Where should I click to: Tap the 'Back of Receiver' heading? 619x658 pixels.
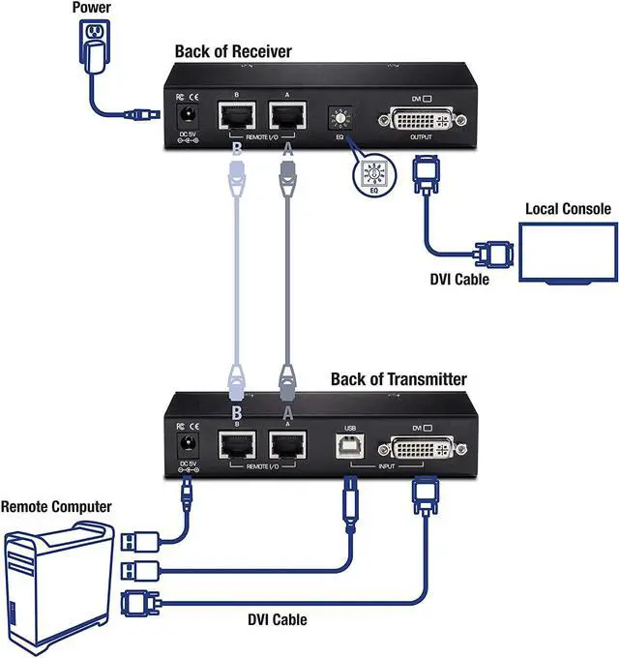coord(232,50)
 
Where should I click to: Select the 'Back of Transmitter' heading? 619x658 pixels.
coord(398,378)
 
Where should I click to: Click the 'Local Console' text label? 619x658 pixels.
coord(568,208)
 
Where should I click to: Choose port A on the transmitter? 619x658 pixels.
coord(287,447)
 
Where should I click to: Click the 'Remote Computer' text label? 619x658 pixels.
coord(56,506)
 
